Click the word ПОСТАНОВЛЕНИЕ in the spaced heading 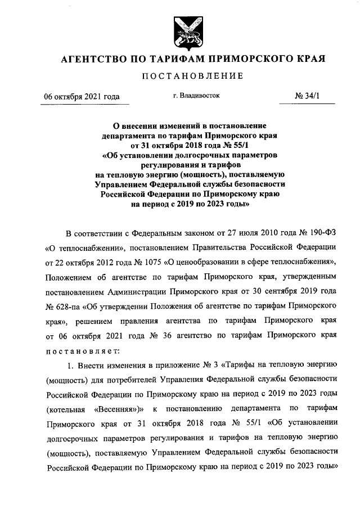click(x=180, y=76)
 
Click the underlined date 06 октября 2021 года click(x=82, y=96)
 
